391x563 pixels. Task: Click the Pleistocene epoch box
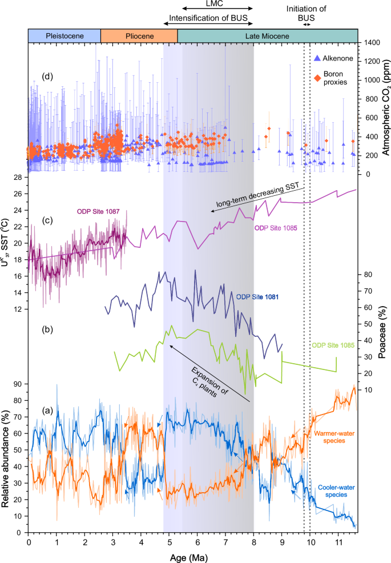pos(65,36)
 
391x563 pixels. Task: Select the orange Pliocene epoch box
pos(139,36)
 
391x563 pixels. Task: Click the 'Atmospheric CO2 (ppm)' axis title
pos(385,108)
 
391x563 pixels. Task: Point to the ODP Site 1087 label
pos(97,211)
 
